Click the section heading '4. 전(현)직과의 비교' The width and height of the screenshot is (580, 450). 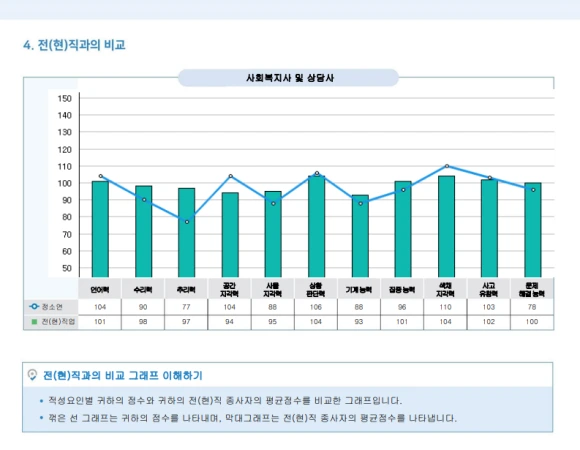click(74, 45)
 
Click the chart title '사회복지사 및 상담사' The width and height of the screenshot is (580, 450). click(289, 78)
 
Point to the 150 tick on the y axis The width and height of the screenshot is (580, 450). click(65, 98)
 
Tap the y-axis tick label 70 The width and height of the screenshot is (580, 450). click(65, 234)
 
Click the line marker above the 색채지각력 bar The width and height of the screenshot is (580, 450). click(447, 166)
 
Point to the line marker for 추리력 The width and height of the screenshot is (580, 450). click(187, 222)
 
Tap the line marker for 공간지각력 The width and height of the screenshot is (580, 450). click(230, 176)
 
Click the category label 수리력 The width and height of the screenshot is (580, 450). click(144, 288)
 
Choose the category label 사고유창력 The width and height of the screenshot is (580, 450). click(490, 289)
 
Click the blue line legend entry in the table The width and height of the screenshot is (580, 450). click(49, 306)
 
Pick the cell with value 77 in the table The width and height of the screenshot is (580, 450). click(187, 306)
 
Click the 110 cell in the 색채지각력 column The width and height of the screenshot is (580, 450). click(447, 306)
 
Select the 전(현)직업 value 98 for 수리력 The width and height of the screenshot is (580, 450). click(144, 322)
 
